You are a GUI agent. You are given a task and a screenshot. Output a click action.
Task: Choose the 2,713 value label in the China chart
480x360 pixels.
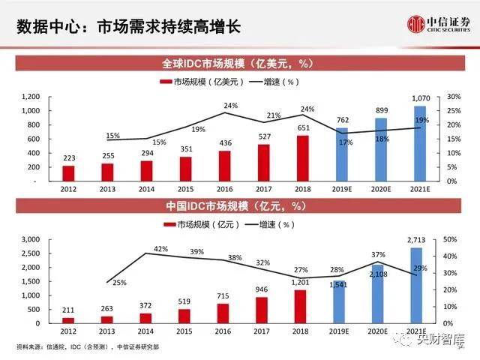tap(418, 240)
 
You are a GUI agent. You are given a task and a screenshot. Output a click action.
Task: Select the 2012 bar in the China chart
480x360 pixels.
tap(68, 319)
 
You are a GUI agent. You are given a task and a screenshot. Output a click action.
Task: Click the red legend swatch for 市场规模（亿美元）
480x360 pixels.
tap(165, 82)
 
